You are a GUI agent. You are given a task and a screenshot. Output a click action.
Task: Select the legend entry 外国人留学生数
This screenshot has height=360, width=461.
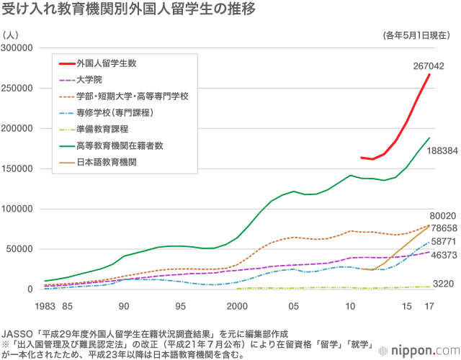click(x=107, y=63)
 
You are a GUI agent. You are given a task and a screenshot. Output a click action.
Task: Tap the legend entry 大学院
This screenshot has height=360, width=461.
click(x=89, y=79)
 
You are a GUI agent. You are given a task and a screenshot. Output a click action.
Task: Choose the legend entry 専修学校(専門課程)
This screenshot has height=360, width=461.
click(x=115, y=112)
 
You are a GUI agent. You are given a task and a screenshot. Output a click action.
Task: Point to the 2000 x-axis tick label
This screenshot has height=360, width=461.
click(x=237, y=306)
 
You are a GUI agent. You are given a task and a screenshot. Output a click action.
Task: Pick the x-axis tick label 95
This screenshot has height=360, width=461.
click(x=181, y=306)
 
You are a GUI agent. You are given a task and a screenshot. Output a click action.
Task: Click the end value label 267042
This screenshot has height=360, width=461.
click(x=428, y=66)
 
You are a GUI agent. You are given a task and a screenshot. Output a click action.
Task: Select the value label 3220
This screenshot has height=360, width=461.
click(x=442, y=284)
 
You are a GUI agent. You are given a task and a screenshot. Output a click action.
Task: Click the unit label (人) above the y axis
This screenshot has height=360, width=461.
click(x=12, y=35)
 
